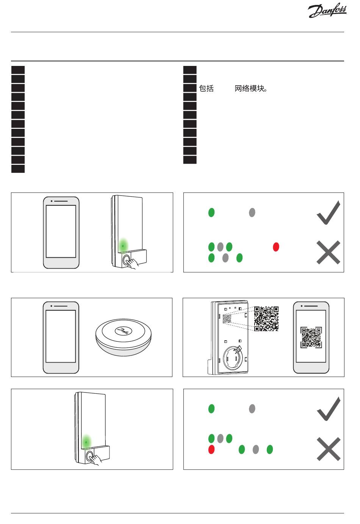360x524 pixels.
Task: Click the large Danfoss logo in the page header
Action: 327,11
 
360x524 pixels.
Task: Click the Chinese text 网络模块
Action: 251,89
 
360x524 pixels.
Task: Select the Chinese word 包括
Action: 207,89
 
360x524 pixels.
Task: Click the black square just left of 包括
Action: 190,88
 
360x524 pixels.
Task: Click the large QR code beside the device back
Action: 266,319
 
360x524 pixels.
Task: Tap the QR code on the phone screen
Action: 311,338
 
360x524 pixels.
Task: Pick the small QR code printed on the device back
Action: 227,319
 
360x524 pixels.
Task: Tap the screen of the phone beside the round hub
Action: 61,336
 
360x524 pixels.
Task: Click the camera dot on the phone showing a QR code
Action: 302,306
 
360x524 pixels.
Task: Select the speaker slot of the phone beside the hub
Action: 61,306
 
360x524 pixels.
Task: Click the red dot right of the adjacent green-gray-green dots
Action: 276,247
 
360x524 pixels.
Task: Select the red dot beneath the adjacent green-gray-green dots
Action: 211,449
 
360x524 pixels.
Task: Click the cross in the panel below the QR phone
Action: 328,449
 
